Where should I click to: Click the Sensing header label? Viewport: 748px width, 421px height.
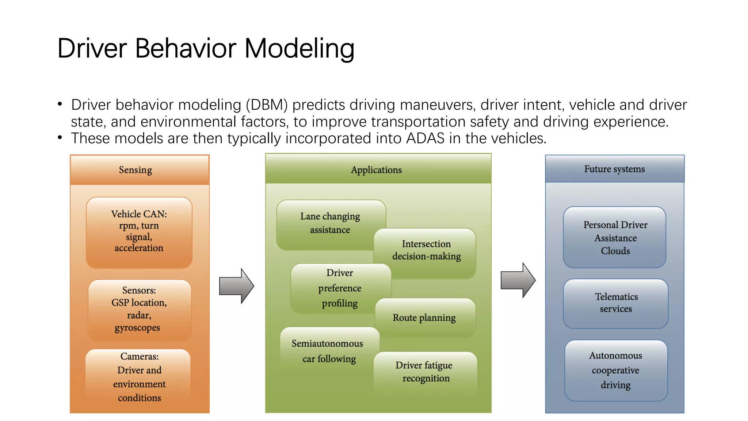[135, 170]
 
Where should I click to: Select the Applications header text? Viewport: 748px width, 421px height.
[376, 170]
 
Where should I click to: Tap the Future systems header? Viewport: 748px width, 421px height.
[614, 169]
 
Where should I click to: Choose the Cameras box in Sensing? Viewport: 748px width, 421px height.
[139, 377]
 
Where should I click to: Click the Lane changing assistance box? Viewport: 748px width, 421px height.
[330, 223]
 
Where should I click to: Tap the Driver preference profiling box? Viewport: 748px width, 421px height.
[339, 288]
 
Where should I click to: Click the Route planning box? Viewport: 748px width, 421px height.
[424, 318]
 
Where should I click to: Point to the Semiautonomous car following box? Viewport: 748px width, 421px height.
[328, 351]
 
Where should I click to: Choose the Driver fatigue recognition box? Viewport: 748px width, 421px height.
[424, 372]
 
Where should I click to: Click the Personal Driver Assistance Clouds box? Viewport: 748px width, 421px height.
[615, 238]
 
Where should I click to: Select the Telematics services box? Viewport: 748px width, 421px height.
[616, 303]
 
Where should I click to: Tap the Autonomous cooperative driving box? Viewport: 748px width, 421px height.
[615, 370]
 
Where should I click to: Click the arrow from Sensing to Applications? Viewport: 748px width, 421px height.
[236, 286]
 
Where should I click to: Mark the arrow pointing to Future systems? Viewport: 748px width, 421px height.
[518, 280]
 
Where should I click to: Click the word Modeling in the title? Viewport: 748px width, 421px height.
[299, 48]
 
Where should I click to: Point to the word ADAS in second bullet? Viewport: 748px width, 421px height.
[425, 139]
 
